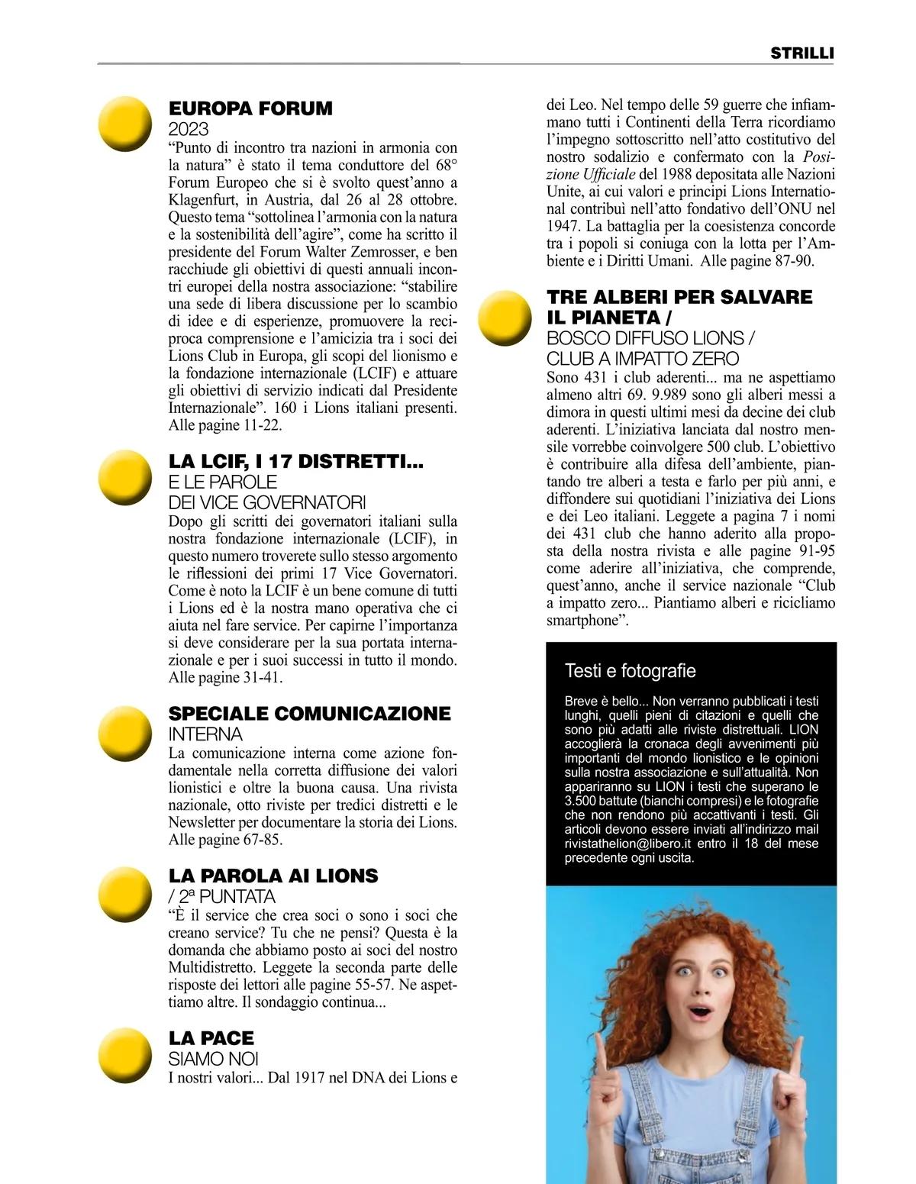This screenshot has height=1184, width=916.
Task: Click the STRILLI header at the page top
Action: tap(801, 53)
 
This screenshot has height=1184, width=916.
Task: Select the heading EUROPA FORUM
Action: tap(250, 109)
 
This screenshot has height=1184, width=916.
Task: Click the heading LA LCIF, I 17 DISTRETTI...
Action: tap(295, 462)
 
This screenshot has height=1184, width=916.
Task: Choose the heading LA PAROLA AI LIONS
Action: tap(273, 876)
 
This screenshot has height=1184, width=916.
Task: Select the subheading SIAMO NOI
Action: tap(213, 1059)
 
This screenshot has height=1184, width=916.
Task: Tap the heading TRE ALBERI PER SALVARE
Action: tap(679, 297)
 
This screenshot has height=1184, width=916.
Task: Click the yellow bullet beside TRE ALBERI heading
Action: tap(505, 318)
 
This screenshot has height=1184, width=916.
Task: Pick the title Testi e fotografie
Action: tap(630, 671)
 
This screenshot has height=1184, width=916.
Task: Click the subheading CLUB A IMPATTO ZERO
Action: tap(642, 359)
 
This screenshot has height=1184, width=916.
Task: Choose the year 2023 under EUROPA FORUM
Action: tap(188, 129)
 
